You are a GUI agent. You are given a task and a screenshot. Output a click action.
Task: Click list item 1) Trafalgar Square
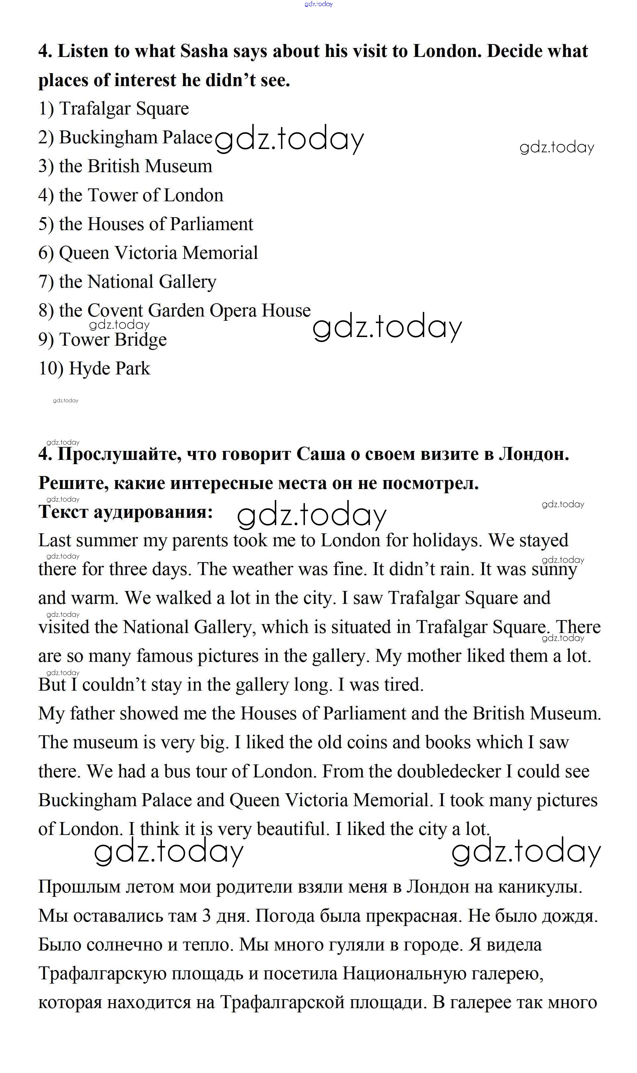pos(113,109)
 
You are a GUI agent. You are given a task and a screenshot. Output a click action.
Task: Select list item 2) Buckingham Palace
pos(125,138)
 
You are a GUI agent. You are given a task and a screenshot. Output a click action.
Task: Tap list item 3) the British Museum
pos(125,167)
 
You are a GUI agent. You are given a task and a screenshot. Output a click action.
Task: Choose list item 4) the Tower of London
pos(130,195)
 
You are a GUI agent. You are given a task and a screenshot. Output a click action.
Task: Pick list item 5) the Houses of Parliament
pos(146,224)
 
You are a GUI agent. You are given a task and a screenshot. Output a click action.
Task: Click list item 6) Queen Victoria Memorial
pos(148,253)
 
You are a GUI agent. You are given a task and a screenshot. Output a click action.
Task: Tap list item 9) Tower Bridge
pos(102,339)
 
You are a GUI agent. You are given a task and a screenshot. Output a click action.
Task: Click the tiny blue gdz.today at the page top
pos(318,4)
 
